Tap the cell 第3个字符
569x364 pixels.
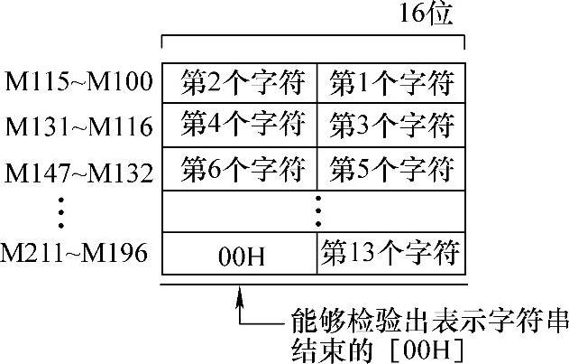click(390, 122)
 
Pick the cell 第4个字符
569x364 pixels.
click(239, 122)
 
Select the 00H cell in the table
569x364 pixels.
click(239, 256)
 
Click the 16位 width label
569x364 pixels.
click(424, 15)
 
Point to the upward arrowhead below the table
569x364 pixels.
click(240, 295)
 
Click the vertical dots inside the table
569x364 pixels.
click(317, 210)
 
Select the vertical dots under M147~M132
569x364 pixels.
click(60, 210)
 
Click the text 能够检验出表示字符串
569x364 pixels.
click(425, 319)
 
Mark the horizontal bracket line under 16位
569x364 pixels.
click(312, 38)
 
